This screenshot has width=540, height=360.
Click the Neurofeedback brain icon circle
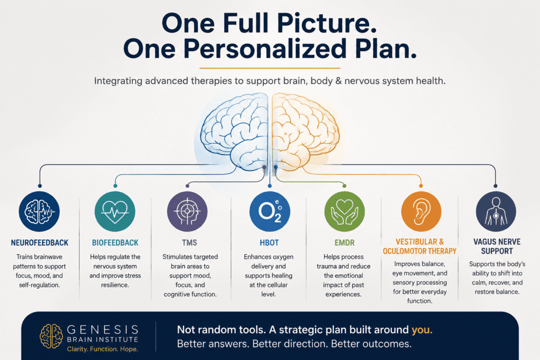(x=39, y=211)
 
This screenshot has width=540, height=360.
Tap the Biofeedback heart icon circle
(x=115, y=211)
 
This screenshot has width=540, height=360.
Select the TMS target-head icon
(x=187, y=211)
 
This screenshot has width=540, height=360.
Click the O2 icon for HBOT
(x=269, y=211)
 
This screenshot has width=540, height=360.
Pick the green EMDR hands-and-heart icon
(x=344, y=211)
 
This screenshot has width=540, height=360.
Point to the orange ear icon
(x=421, y=211)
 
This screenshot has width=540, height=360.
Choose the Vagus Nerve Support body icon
(x=496, y=211)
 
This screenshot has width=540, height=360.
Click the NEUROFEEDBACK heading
(x=40, y=242)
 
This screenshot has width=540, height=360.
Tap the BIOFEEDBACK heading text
(x=115, y=242)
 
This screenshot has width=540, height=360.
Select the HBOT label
(x=269, y=242)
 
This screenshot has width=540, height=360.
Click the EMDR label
(x=344, y=242)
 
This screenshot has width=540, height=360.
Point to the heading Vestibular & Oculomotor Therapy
(x=419, y=247)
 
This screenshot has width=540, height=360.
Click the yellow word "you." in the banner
(x=422, y=330)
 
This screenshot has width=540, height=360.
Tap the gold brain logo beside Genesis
(x=51, y=336)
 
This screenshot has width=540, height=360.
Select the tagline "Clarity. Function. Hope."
(x=102, y=349)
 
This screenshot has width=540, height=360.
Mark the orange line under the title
(x=269, y=68)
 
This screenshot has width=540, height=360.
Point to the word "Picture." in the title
(x=327, y=23)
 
